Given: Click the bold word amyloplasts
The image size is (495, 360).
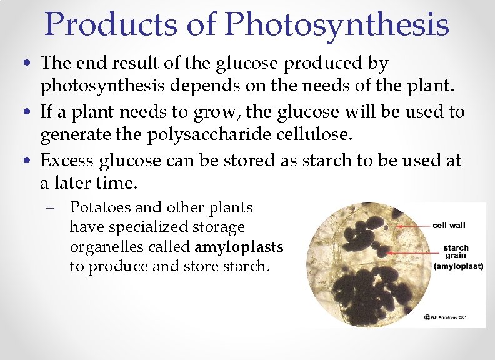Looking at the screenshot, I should click(x=242, y=247).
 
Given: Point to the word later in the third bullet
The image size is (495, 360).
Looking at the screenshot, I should click(x=74, y=184).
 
